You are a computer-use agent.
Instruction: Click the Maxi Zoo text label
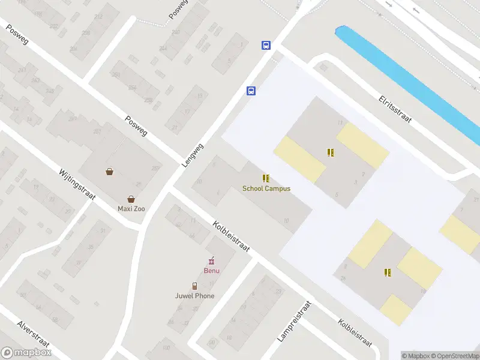pyautogui.click(x=131, y=209)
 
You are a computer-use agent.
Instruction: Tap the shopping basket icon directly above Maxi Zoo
pyautogui.click(x=131, y=199)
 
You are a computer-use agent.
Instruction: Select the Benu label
pyautogui.click(x=211, y=270)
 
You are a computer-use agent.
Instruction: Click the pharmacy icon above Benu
pyautogui.click(x=211, y=260)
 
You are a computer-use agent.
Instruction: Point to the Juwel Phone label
pyautogui.click(x=194, y=296)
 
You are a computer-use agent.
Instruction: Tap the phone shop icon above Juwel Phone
pyautogui.click(x=194, y=286)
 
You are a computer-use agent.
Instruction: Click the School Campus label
pyautogui.click(x=266, y=188)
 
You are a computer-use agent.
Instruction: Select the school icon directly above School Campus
pyautogui.click(x=266, y=178)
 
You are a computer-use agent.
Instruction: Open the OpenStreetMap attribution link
pyautogui.click(x=454, y=356)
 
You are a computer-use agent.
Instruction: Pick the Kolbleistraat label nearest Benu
pyautogui.click(x=231, y=235)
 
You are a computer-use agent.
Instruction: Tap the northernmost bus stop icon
pyautogui.click(x=265, y=45)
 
